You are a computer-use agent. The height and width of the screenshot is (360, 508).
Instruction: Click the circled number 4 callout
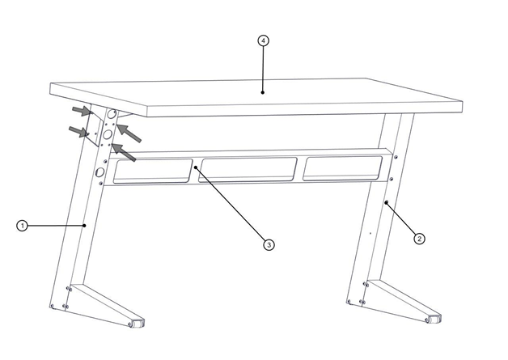263,40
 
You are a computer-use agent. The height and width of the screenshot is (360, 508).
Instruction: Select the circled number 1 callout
22,226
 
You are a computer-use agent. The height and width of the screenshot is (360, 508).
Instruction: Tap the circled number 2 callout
419,239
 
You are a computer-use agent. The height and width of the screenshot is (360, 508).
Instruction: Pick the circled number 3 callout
269,244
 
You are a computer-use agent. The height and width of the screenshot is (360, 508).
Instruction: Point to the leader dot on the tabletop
263,92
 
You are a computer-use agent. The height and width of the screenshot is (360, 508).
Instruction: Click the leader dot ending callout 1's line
85,225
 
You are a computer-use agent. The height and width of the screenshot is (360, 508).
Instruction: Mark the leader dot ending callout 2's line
386,202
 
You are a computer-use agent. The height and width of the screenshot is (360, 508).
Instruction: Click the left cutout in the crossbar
152,171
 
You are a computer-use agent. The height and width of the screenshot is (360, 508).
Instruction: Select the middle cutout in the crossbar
248,170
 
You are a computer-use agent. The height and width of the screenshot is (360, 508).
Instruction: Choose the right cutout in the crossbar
342,168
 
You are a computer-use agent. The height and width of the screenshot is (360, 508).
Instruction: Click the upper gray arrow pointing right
82,111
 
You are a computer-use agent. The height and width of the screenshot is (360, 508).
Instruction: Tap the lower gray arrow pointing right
78,131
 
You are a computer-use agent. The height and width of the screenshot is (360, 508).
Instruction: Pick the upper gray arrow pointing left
129,133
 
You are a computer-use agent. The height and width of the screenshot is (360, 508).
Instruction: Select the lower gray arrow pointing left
124,152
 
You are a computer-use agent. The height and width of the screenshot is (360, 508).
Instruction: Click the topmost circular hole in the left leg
112,114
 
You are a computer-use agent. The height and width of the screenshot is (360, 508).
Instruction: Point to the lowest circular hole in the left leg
99,172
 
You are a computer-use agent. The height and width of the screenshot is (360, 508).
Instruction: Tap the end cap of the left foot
138,323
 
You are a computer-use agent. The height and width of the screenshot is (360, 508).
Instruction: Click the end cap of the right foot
434,319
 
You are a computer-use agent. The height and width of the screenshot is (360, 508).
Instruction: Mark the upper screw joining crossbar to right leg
396,157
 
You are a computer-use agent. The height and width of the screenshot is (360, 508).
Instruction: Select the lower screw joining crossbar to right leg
392,179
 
